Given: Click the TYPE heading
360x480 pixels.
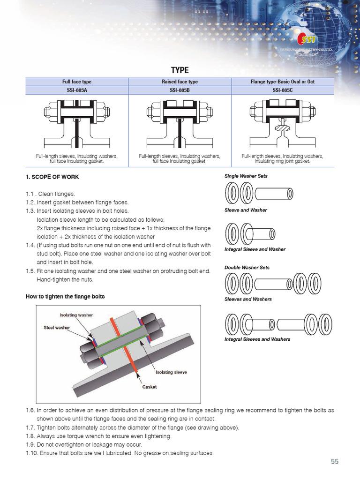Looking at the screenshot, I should [x=180, y=70].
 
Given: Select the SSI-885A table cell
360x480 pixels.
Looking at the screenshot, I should [x=77, y=90].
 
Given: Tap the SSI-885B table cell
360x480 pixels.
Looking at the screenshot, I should [x=180, y=90].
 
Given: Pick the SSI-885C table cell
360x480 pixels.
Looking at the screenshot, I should [x=282, y=90].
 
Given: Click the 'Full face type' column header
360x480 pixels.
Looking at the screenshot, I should [x=77, y=82].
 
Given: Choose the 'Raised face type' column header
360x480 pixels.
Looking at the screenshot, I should [x=180, y=82].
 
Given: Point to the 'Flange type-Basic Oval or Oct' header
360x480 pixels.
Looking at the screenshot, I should [x=282, y=82].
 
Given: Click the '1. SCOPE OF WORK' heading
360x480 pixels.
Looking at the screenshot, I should [x=52, y=177].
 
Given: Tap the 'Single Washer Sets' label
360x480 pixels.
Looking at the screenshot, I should [x=246, y=176].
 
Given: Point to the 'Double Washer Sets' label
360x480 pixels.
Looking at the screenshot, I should [x=247, y=268].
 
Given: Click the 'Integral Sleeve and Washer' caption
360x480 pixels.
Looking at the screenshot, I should [x=255, y=249].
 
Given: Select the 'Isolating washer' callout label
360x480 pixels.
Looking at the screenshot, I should [x=76, y=315].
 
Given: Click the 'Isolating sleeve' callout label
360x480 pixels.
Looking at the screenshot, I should [x=171, y=372].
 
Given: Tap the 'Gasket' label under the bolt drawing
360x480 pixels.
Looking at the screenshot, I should [x=150, y=387].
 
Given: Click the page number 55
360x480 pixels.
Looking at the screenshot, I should [x=334, y=462].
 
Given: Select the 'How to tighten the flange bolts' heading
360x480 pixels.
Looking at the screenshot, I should [x=65, y=297].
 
